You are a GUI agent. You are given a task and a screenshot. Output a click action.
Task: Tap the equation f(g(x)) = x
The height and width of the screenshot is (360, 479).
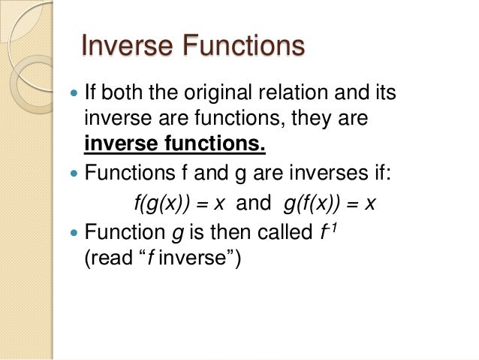coord(184,204)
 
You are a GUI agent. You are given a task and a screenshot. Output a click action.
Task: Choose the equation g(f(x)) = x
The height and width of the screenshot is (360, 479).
coord(324,204)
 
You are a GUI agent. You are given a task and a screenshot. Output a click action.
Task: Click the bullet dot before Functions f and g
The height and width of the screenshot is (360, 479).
coord(74,176)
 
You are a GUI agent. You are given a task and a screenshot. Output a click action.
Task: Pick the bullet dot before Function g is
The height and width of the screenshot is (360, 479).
coord(74,231)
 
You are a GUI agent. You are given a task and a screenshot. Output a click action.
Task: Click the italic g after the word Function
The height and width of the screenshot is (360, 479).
coord(177,231)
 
